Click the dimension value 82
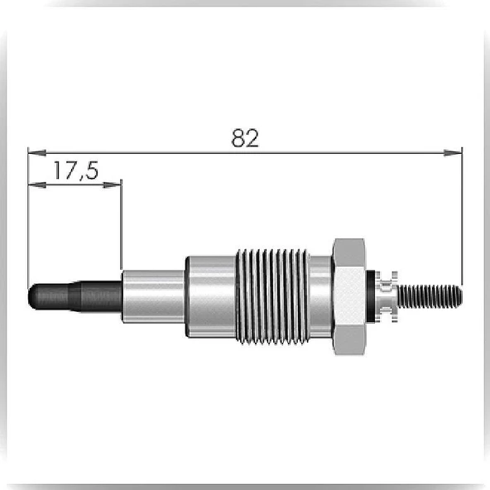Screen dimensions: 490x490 tap(245, 138)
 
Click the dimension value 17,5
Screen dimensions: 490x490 tap(76, 171)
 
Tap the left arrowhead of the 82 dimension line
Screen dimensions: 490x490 tap(37, 153)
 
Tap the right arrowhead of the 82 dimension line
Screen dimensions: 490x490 tap(453, 153)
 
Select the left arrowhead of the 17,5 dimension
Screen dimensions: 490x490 tap(37, 185)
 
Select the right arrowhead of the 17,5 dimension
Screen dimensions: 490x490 tap(113, 185)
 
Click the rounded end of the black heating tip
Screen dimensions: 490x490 tap(31, 296)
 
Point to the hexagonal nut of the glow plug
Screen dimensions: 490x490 tap(349, 296)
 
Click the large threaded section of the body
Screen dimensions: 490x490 tap(272, 296)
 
